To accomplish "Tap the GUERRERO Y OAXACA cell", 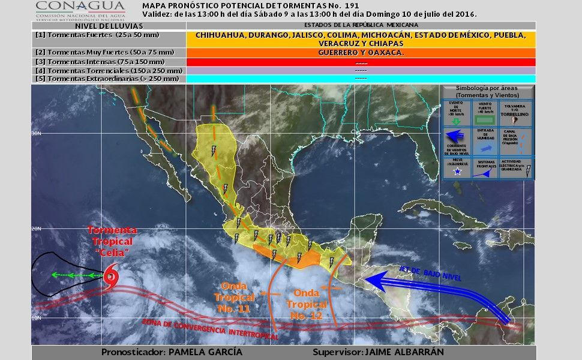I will pyautogui.click(x=361, y=52).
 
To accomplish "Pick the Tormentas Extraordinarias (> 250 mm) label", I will pyautogui.click(x=108, y=79).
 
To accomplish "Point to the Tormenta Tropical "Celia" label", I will pyautogui.click(x=112, y=241).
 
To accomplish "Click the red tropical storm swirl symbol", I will pyautogui.click(x=111, y=276).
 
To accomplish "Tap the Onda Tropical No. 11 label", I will pyautogui.click(x=234, y=297).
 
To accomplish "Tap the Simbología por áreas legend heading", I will pyautogui.click(x=487, y=92).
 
